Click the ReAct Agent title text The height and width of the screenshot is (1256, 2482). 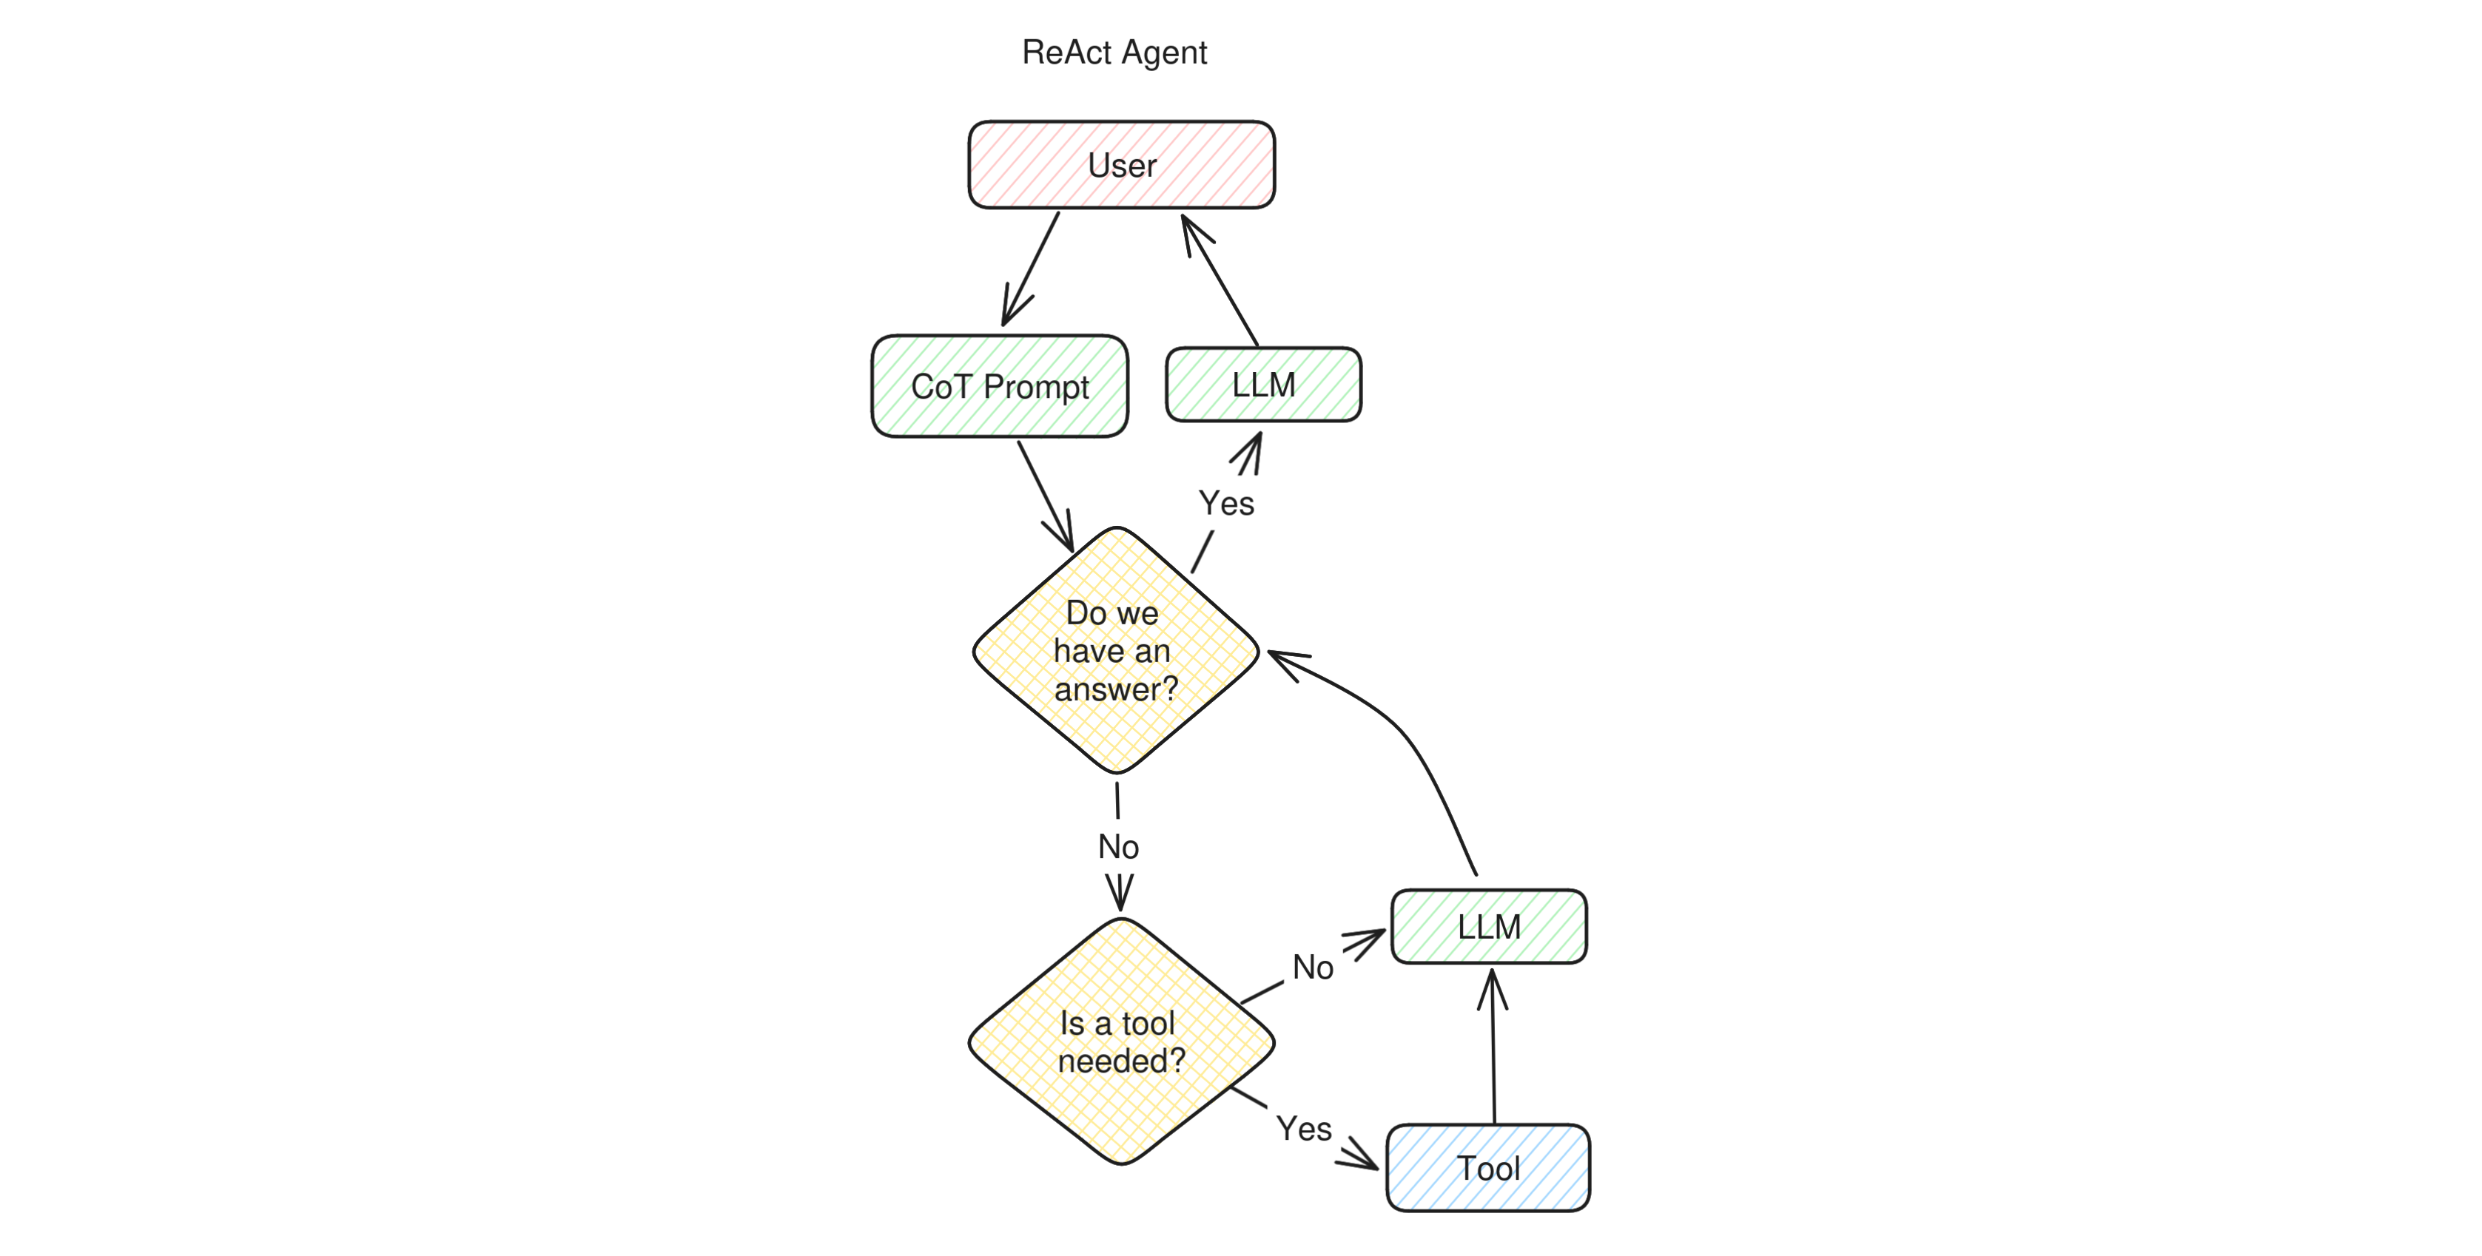click(1114, 52)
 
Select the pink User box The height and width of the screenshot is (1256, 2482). click(1122, 165)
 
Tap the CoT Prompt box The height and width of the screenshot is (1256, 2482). click(999, 386)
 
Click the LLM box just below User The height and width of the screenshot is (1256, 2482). click(1263, 385)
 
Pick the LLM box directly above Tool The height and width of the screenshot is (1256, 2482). click(1489, 927)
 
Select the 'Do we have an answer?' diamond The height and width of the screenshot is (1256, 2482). click(1116, 651)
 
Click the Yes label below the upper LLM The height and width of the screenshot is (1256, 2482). click(1225, 504)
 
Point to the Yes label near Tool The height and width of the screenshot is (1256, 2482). click(1304, 1129)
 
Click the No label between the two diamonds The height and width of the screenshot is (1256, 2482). click(1119, 847)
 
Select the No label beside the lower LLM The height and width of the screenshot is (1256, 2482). click(1312, 967)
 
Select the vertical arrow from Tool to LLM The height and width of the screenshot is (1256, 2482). click(1493, 1050)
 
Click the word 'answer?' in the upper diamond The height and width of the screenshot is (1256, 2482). click(1116, 689)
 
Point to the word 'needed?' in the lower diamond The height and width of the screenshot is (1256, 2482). click(1122, 1061)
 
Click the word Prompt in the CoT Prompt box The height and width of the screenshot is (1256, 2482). click(1036, 387)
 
